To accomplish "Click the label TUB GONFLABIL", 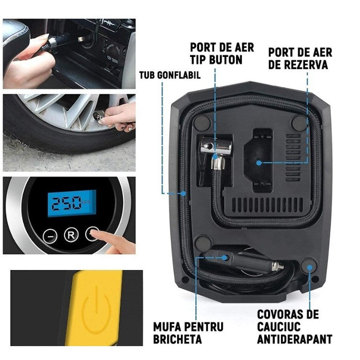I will [x=169, y=76].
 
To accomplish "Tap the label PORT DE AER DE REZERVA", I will [x=300, y=58].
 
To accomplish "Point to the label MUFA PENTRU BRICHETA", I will [x=188, y=333].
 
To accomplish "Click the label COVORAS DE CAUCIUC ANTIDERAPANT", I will [x=294, y=326].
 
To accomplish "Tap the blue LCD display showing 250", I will [x=73, y=204].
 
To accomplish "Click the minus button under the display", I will [x=50, y=235].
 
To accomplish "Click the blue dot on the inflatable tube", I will [x=184, y=194].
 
